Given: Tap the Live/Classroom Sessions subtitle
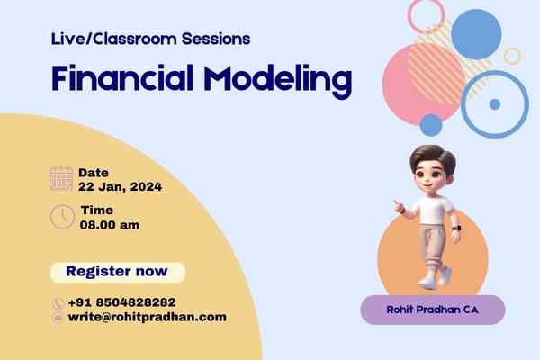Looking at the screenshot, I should coord(151,39).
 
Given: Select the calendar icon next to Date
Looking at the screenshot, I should coord(61,178).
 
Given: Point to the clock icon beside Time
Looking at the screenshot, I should coord(62,217).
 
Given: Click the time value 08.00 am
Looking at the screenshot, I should coord(110,224).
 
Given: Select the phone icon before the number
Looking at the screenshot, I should coord(58,303).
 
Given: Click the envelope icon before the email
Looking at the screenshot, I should coord(58,318).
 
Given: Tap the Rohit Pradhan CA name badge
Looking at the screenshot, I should coord(432,309).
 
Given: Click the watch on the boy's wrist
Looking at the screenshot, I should coord(455,229).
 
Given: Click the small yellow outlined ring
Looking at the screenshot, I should coord(512,56).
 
